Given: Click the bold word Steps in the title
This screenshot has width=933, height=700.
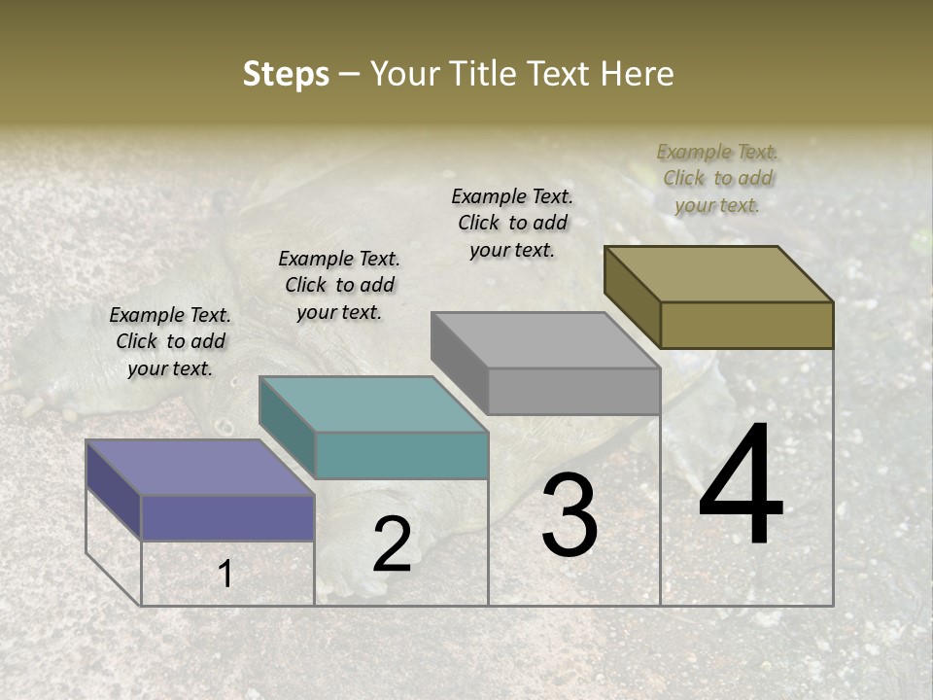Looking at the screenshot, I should coord(286,74).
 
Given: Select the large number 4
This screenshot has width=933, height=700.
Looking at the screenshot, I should coord(742,486).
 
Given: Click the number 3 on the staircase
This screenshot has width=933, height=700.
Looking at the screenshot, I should coord(570,514).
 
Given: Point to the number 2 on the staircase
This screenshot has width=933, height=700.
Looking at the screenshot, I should coord(392,544).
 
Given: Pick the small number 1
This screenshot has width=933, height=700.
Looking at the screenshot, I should coord(225,575).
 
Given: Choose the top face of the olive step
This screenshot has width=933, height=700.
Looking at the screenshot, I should coord(719,274).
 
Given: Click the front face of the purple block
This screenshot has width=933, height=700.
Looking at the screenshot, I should coord(228,517).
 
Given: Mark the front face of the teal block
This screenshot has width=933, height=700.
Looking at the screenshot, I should coord(401,455).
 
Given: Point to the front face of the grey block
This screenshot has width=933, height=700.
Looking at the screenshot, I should coord(573,391).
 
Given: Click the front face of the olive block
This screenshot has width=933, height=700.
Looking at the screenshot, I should coord(746,325).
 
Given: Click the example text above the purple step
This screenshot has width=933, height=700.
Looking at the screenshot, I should coord(170,342).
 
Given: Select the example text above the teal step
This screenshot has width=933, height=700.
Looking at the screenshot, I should coord(339,285).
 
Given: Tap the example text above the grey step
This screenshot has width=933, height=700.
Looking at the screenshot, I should coord(512,223).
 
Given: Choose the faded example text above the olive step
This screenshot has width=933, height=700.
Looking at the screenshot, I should coord(717,178).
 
